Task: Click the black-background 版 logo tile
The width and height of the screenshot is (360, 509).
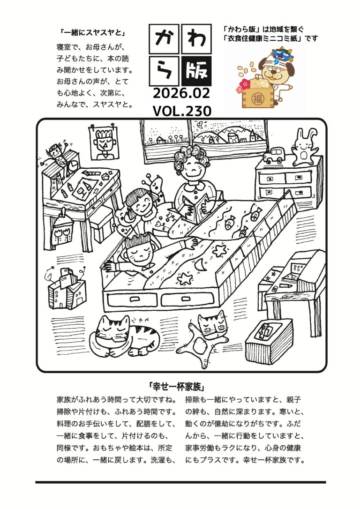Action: click(x=196, y=71)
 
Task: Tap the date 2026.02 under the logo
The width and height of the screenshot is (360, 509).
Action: click(x=181, y=93)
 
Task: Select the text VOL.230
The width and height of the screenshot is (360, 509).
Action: click(x=182, y=111)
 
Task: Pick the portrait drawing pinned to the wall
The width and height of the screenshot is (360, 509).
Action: click(x=104, y=142)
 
